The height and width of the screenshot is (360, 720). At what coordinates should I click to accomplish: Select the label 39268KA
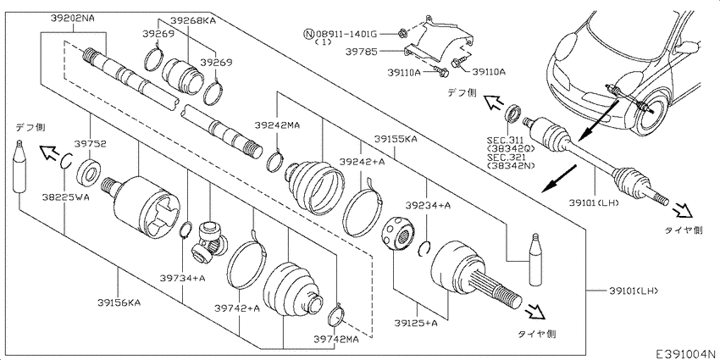coord(192,19)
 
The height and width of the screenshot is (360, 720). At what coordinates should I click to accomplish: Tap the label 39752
coord(89,144)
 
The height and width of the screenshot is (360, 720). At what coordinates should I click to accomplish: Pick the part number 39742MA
coord(336,338)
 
